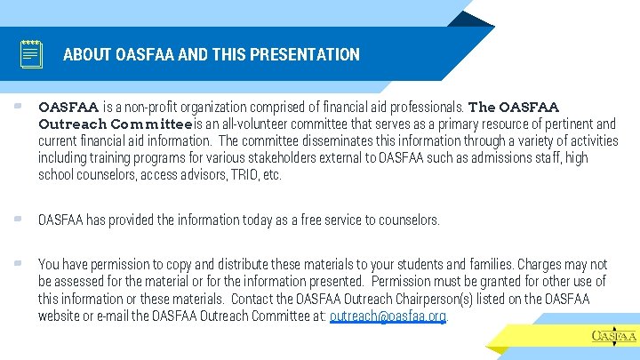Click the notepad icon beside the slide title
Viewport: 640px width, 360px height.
click(32, 54)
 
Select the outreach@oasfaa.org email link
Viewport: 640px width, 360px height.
click(388, 316)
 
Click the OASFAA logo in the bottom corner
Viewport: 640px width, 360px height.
click(613, 335)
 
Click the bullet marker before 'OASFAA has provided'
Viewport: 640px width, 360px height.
click(17, 220)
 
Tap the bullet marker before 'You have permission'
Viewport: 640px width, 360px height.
click(17, 264)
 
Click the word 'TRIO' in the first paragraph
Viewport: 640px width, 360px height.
click(237, 174)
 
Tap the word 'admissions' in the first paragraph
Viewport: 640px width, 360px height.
click(500, 157)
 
